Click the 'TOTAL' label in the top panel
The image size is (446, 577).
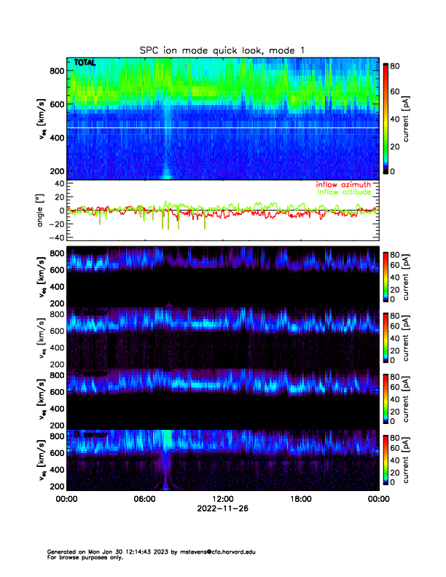click(85, 64)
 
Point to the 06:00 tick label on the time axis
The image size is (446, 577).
click(145, 499)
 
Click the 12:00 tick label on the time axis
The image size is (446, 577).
click(223, 499)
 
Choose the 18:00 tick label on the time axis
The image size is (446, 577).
click(301, 499)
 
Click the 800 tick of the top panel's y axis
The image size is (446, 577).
click(56, 71)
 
